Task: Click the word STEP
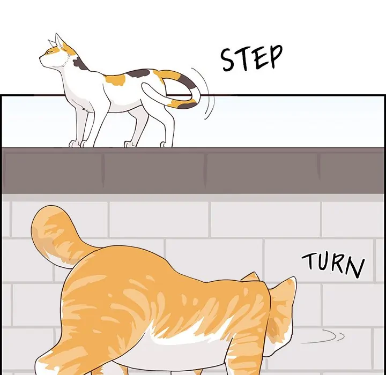[x=251, y=58]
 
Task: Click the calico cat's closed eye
[x=49, y=52]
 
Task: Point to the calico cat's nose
[x=40, y=58]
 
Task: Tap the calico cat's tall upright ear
[x=59, y=41]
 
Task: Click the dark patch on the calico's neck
[x=80, y=64]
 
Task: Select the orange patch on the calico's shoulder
[x=115, y=80]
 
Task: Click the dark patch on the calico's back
[x=139, y=73]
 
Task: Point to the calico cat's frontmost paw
[x=73, y=144]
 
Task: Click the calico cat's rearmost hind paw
[x=166, y=145]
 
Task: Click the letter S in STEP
[x=228, y=60]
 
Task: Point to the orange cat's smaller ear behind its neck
[x=251, y=276]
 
